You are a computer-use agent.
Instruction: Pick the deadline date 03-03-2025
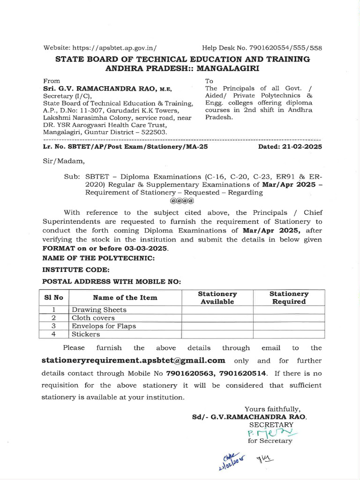[x=139, y=248]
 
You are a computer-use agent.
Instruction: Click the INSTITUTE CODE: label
[x=76, y=270]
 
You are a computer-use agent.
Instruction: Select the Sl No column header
[x=53, y=298]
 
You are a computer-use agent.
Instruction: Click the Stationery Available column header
[x=217, y=298]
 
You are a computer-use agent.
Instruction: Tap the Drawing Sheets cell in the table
[x=99, y=310]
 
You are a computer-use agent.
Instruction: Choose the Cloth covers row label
[x=93, y=318]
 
